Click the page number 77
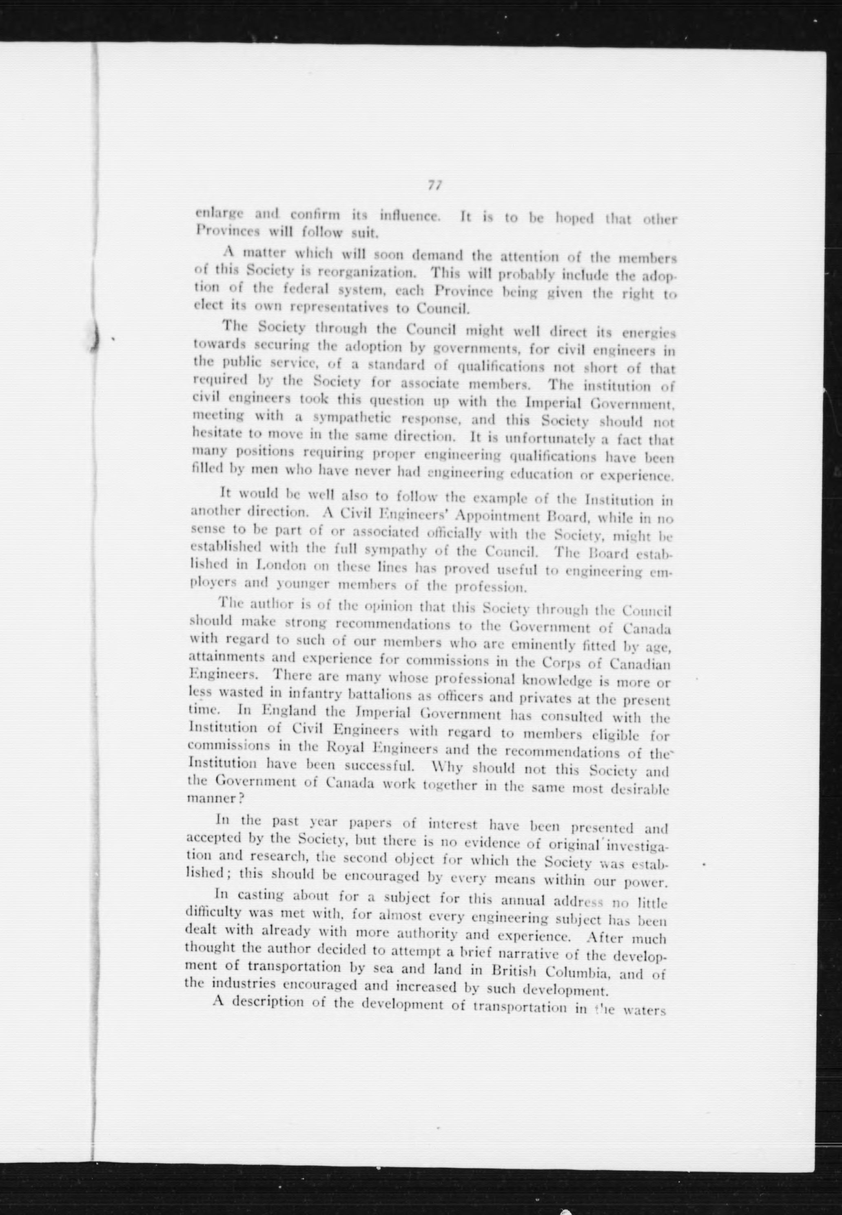[x=435, y=186]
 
